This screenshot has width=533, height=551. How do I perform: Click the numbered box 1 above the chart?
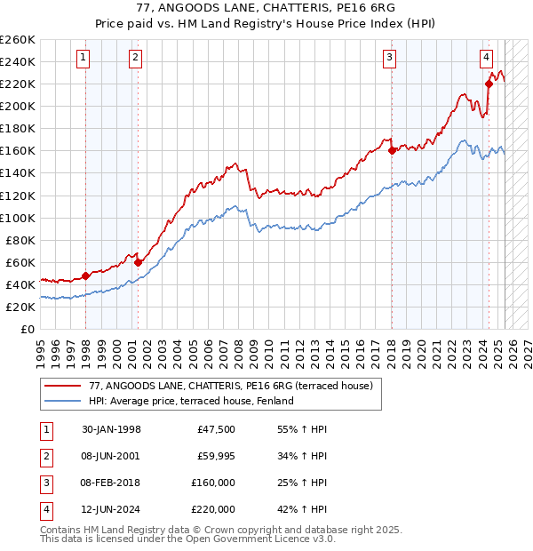click(x=83, y=59)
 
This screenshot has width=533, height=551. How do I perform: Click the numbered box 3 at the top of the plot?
click(x=390, y=59)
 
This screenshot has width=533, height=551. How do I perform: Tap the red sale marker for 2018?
click(x=392, y=150)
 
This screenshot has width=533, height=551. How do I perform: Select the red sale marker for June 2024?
click(x=489, y=84)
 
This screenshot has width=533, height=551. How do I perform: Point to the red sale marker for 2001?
click(x=138, y=262)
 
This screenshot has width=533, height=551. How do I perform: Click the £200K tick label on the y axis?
click(x=19, y=106)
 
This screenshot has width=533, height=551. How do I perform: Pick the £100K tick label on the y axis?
click(x=19, y=218)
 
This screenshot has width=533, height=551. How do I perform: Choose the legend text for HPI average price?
click(x=191, y=401)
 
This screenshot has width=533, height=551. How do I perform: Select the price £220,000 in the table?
click(x=212, y=509)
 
